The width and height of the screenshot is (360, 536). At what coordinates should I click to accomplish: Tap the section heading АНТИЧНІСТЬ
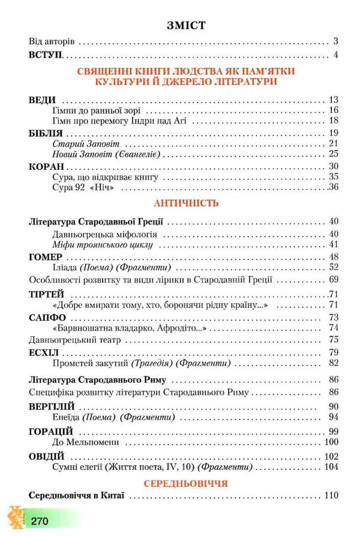pyautogui.click(x=185, y=203)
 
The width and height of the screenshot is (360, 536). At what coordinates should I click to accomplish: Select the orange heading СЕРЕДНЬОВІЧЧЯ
pyautogui.click(x=185, y=482)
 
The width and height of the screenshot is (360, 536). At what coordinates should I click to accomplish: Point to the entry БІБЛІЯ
pyautogui.click(x=46, y=133)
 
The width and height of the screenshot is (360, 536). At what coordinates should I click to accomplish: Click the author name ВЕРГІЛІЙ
pyautogui.click(x=51, y=406)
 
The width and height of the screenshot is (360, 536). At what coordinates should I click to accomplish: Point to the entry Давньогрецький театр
pyautogui.click(x=74, y=340)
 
